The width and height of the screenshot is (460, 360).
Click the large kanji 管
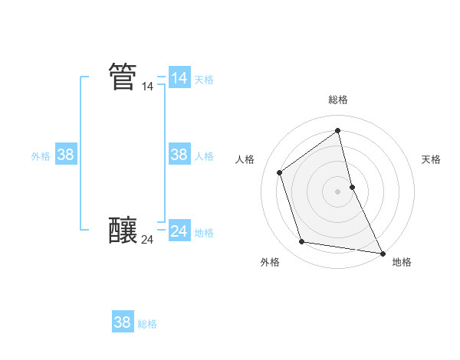click(x=123, y=77)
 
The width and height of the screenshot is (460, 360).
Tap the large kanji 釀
click(x=123, y=230)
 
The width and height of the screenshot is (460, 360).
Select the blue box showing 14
click(x=179, y=78)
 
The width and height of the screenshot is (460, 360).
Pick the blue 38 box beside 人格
click(x=179, y=155)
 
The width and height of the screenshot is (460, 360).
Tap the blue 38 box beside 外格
click(x=65, y=155)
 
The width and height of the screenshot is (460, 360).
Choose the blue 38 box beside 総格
click(x=122, y=322)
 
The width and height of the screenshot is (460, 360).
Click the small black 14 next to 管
click(x=147, y=87)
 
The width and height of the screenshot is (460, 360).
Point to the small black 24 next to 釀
click(x=147, y=240)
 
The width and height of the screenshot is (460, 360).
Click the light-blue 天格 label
click(x=204, y=80)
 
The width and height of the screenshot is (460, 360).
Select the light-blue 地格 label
click(x=204, y=233)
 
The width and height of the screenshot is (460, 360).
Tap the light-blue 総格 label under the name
click(x=147, y=324)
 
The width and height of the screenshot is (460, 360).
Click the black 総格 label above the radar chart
click(x=338, y=100)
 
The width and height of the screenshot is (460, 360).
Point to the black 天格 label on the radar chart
click(x=432, y=159)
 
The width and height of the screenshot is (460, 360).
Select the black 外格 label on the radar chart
click(x=270, y=262)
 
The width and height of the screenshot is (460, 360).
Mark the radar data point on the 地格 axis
click(x=382, y=253)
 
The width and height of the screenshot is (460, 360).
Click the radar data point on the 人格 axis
click(x=280, y=172)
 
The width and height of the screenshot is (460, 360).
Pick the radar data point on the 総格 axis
click(x=338, y=131)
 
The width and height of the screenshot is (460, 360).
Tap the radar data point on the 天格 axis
click(x=352, y=187)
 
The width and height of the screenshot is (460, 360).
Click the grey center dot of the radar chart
click(x=338, y=191)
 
